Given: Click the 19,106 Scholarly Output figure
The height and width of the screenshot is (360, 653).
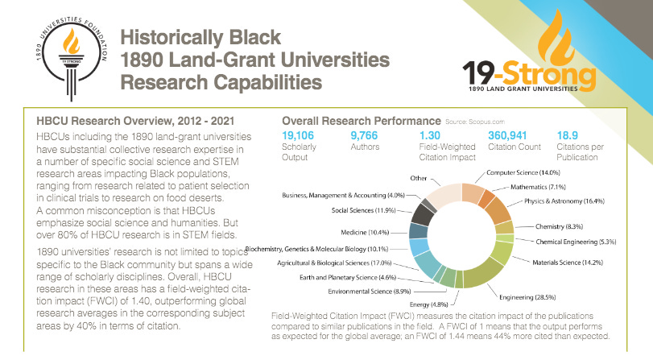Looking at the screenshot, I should click(x=300, y=134).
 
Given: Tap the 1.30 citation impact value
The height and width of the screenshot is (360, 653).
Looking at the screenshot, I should click(x=432, y=134).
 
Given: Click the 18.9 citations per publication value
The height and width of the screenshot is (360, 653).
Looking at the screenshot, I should click(x=569, y=134).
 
